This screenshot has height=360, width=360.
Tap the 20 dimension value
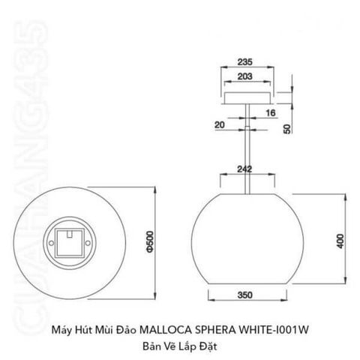pyautogui.click(x=220, y=124)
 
